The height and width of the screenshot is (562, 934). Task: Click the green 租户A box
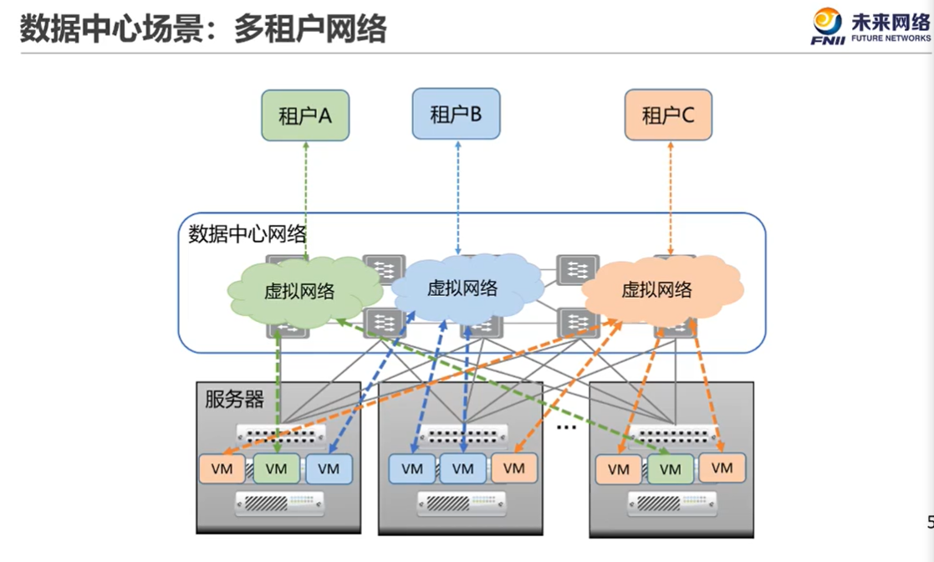pyautogui.click(x=304, y=115)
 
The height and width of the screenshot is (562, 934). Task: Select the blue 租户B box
pyautogui.click(x=456, y=113)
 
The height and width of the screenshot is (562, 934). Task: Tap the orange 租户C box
pyautogui.click(x=668, y=115)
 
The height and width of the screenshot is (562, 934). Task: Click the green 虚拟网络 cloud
pyautogui.click(x=299, y=291)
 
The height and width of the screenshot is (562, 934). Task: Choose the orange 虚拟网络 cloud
pyautogui.click(x=657, y=290)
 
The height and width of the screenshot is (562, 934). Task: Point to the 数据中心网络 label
pyautogui.click(x=248, y=233)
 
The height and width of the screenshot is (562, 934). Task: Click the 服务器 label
pyautogui.click(x=234, y=399)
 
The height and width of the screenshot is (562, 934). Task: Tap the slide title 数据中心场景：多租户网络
pyautogui.click(x=203, y=28)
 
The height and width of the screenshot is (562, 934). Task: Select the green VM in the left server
pyautogui.click(x=276, y=469)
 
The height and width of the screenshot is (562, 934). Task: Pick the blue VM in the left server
pyautogui.click(x=329, y=469)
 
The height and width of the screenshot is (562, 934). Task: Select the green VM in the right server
pyautogui.click(x=671, y=470)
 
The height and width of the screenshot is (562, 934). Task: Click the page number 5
pyautogui.click(x=930, y=524)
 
